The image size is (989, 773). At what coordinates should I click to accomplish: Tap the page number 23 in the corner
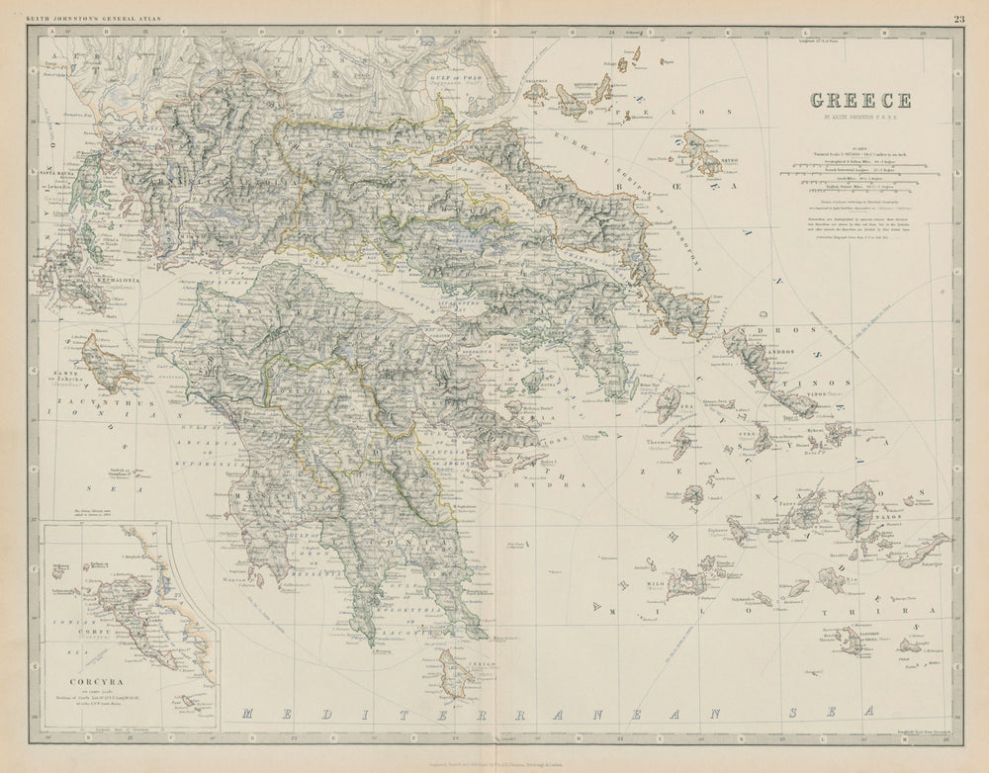[x=959, y=18]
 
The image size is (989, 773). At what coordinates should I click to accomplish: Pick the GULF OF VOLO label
[x=458, y=78]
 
